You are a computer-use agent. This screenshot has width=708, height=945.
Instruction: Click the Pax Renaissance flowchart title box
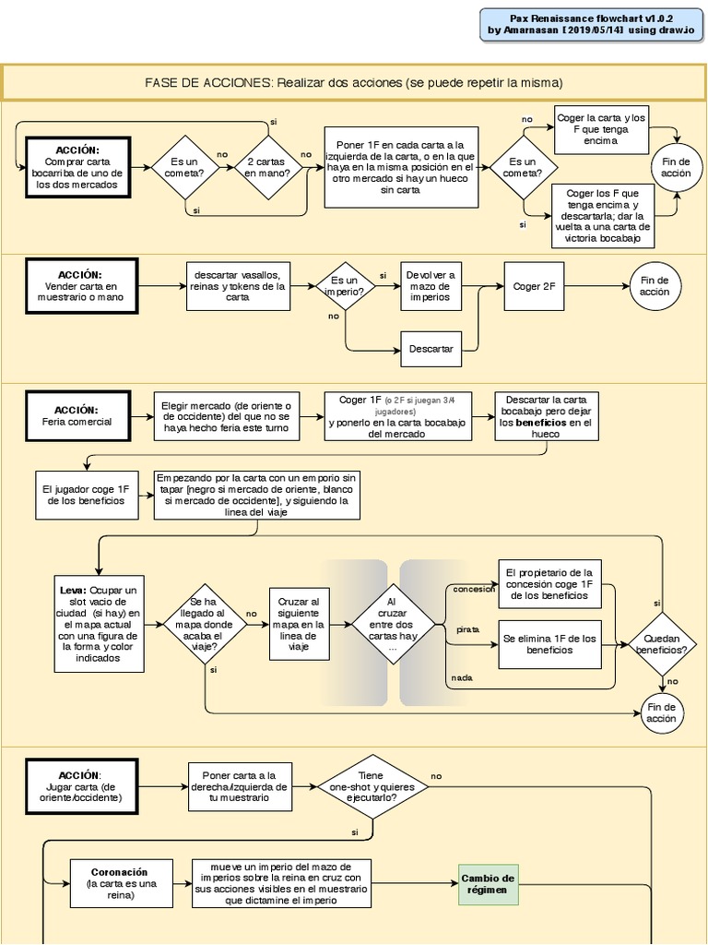(592, 24)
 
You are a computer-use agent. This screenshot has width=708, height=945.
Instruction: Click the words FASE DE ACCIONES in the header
(207, 83)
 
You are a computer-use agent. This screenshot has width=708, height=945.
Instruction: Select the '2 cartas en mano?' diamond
(265, 167)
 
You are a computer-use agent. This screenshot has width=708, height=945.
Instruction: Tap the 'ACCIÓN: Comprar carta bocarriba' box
(77, 167)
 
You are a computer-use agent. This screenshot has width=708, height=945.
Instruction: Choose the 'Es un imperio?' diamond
(345, 286)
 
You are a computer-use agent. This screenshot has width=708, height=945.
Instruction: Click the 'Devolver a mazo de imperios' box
(431, 286)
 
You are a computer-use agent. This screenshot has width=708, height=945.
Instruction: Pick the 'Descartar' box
(431, 349)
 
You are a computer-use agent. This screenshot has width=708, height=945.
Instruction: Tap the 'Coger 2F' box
(534, 286)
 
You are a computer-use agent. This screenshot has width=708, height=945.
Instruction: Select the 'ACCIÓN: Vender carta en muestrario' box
(81, 286)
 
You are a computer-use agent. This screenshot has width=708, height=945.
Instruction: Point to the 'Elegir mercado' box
(226, 416)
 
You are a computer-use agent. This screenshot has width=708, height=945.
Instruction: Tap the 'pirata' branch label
(468, 629)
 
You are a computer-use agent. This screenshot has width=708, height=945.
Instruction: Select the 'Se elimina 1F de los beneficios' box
(549, 643)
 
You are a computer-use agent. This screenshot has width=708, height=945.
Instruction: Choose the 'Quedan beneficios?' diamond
(661, 643)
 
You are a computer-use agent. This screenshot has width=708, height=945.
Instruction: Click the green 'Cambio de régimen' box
(488, 884)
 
